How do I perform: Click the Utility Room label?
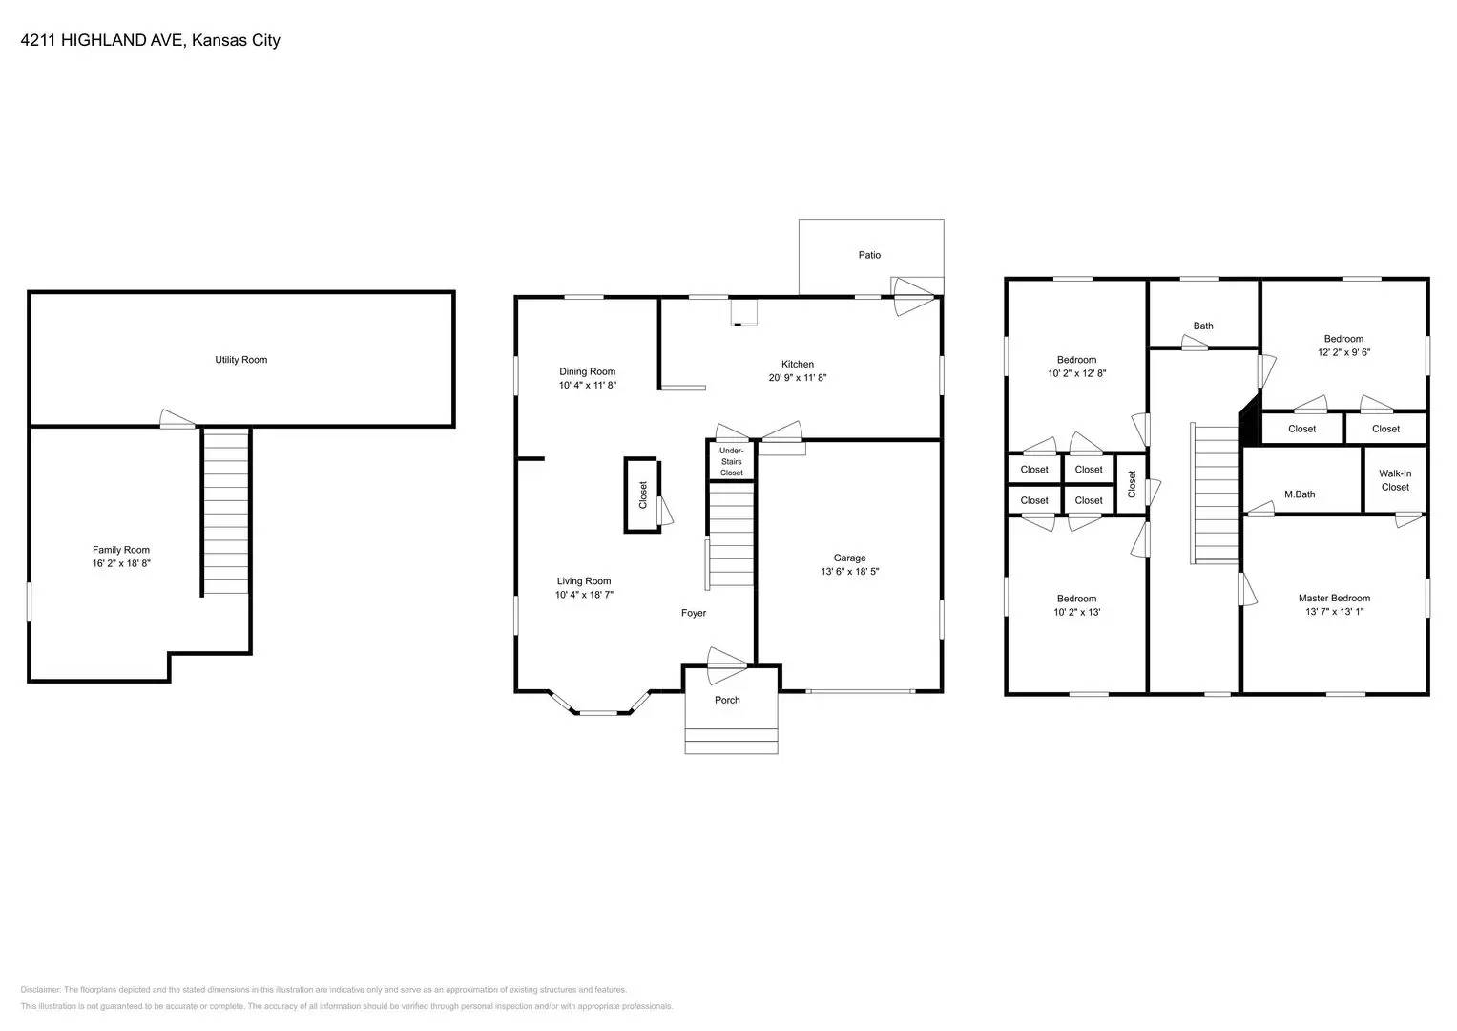coord(240,360)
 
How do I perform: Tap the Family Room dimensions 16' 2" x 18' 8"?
coord(121,564)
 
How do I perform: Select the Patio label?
coord(869,255)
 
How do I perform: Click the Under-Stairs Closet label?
coord(731,461)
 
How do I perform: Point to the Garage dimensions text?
coord(849,572)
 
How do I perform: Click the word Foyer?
coord(694,613)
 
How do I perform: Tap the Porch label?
coord(727,700)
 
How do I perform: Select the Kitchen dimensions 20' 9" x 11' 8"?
coord(798,377)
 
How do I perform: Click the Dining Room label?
coord(587,371)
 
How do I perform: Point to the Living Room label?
coord(584,581)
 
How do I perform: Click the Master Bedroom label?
coord(1334,599)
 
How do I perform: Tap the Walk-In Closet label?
coord(1394,480)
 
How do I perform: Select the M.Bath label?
coord(1300,494)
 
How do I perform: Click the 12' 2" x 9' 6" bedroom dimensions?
coord(1343,352)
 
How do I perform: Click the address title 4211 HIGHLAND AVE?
coord(104,40)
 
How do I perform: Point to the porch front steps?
coord(731,741)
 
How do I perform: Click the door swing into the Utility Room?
coord(177,419)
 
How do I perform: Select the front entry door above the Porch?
coord(726,664)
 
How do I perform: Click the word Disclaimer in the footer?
coord(40,990)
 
